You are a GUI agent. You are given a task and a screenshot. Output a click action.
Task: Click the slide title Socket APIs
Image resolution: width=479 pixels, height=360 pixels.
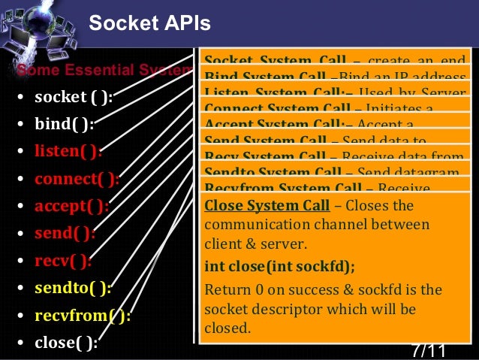tap(149, 24)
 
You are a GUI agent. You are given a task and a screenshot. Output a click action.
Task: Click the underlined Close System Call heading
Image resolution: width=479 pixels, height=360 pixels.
tap(267, 206)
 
